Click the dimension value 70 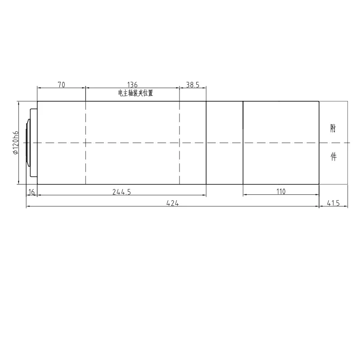tap(62, 84)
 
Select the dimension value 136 tap(132, 84)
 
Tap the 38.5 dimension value tap(193, 84)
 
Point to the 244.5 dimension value tap(121, 192)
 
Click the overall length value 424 tap(172, 203)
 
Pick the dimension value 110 tap(281, 192)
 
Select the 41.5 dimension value tap(333, 203)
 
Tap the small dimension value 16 tap(31, 192)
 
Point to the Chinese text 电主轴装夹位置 tap(135, 93)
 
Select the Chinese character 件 tap(333, 157)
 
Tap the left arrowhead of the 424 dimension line tap(28, 207)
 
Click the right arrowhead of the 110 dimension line tap(317, 195)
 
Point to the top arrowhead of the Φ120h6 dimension tap(18, 103)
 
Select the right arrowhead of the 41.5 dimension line tap(346, 207)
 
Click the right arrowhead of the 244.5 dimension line tap(204, 195)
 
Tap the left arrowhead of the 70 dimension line tap(39, 88)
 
